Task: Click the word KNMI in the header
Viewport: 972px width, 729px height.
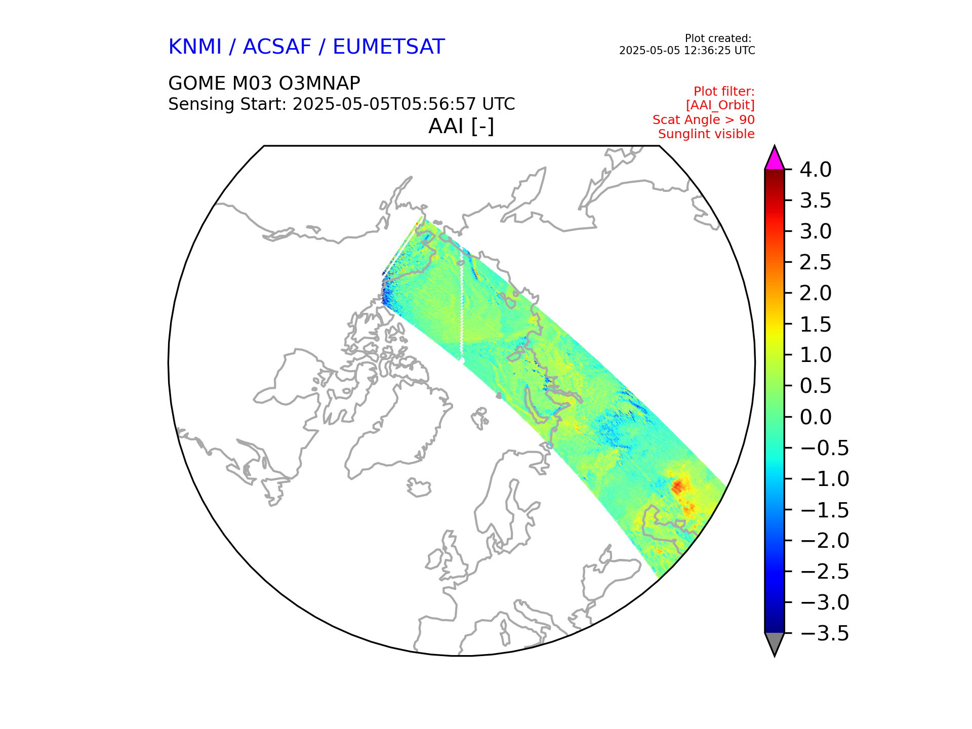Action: pos(195,47)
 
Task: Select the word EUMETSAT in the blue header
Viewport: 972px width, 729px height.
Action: pos(389,47)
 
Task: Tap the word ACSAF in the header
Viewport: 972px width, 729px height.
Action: pos(277,47)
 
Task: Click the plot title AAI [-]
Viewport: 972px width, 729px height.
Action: pos(461,127)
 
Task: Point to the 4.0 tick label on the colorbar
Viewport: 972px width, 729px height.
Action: pos(816,170)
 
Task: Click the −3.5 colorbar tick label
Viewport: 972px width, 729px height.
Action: pos(825,633)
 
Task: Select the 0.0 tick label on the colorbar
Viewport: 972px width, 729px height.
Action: pos(816,417)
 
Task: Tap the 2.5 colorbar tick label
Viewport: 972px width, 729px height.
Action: pos(816,262)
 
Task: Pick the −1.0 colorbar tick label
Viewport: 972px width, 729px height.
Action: pos(825,479)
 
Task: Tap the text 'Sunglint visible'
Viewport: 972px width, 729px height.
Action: pos(706,134)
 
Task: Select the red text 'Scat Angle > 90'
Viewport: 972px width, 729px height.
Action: pos(704,120)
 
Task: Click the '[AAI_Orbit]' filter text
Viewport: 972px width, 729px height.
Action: pos(720,105)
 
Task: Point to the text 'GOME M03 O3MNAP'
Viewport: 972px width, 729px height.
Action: pos(264,83)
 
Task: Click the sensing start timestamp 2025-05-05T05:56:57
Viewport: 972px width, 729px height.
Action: pos(385,104)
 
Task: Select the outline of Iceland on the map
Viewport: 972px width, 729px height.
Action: pos(419,488)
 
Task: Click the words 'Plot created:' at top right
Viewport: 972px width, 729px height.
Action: pos(718,38)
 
